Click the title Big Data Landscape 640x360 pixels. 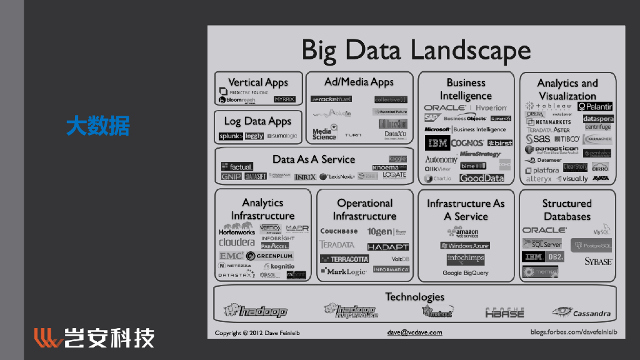click(416, 50)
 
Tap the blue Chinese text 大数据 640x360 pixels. click(97, 126)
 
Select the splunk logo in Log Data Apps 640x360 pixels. click(231, 136)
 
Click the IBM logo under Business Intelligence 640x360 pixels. click(437, 143)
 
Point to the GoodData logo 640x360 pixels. click(482, 178)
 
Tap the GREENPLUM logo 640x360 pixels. click(269, 256)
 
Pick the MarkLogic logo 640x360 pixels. click(343, 272)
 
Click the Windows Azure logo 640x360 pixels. click(465, 246)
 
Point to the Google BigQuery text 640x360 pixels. click(465, 273)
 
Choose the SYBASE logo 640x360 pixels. click(598, 261)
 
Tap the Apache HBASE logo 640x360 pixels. click(504, 312)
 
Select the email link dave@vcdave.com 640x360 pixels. click(414, 332)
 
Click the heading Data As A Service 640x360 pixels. click(313, 159)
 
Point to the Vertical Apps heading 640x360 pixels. click(258, 82)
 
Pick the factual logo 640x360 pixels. click(237, 166)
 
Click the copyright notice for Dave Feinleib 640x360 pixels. click(257, 333)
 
